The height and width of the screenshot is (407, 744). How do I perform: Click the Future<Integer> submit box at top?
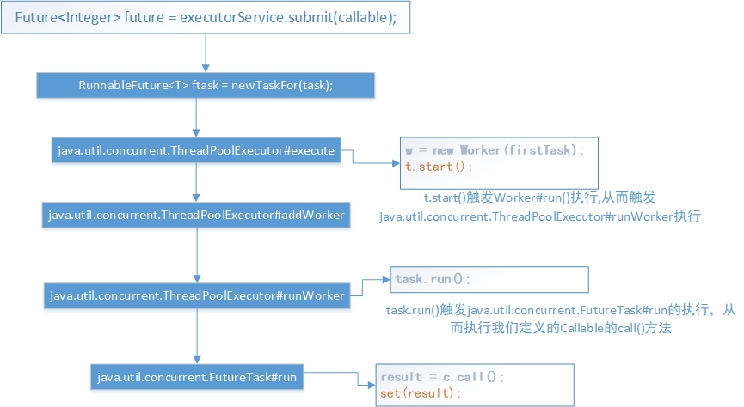coord(206,17)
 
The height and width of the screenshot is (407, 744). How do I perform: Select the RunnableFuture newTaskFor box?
coord(206,85)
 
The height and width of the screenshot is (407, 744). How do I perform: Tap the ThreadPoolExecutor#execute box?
coord(196,150)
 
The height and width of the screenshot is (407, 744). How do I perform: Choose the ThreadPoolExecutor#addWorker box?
coord(196,216)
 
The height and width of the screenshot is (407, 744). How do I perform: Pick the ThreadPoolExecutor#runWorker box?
coord(197,295)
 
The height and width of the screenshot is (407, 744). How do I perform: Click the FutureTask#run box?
coord(197,377)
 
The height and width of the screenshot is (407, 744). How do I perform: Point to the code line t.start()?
coord(439,167)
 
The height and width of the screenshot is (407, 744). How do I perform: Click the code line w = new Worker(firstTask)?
coord(495,150)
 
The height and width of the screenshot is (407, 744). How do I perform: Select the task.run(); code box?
coord(489,280)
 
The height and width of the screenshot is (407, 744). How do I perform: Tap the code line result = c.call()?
coord(442,377)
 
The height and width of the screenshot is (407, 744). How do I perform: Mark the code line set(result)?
coord(421,393)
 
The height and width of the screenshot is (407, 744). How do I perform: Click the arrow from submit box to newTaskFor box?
coord(206,53)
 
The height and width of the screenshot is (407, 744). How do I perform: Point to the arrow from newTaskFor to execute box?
coord(196,118)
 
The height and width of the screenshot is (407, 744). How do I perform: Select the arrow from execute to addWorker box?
coord(196,182)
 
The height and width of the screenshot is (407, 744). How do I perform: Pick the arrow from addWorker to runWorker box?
coord(197,255)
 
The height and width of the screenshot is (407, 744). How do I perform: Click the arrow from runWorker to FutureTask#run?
coord(197,337)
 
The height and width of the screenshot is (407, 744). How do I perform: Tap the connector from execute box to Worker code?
coord(353,157)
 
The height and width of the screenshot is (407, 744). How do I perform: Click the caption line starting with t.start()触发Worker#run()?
coord(539,197)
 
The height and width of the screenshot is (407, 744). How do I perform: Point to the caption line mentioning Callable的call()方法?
coord(561,328)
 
